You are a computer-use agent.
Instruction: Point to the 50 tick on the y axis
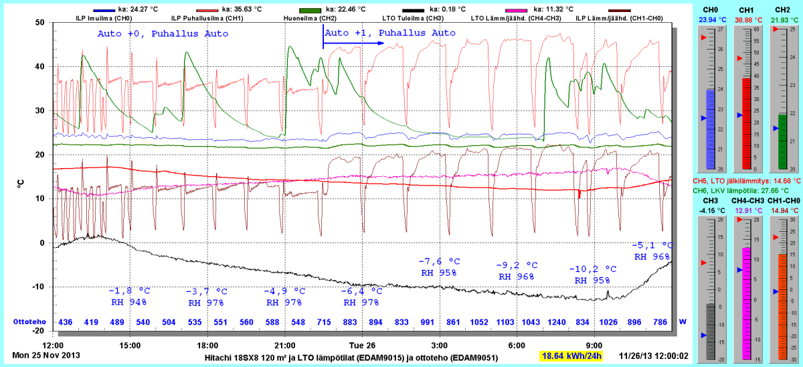click(x=39, y=22)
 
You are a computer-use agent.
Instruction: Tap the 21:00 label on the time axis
click(x=284, y=346)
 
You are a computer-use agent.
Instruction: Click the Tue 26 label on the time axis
click(x=362, y=346)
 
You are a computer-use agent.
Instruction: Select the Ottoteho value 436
click(x=66, y=322)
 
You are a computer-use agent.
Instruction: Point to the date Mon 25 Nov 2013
click(x=44, y=354)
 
